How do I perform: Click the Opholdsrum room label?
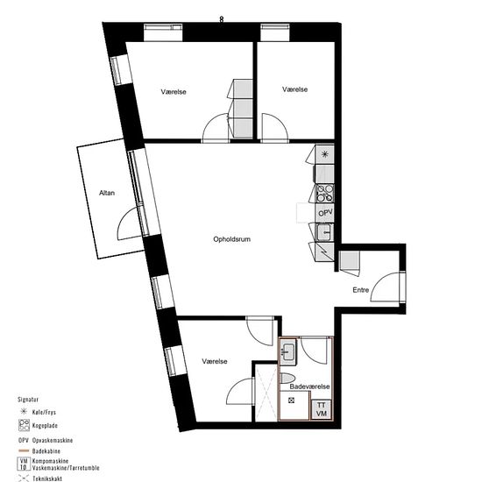(x=231, y=239)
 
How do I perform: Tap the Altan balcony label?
(x=107, y=193)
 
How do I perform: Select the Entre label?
(x=360, y=290)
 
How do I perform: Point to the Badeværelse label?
(x=309, y=386)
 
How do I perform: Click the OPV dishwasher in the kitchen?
(x=325, y=213)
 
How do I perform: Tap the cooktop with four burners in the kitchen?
(x=325, y=193)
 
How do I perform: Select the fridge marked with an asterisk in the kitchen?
(x=324, y=154)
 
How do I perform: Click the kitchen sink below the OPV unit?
(x=324, y=231)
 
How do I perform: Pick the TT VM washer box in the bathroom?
(x=322, y=409)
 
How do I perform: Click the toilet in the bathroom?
(x=287, y=378)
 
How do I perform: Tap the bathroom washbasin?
(x=287, y=351)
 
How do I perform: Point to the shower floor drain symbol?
(x=291, y=400)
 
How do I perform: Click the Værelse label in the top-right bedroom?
(x=294, y=89)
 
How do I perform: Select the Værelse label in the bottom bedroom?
(x=215, y=361)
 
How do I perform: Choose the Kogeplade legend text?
(x=45, y=426)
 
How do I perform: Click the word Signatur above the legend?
(x=28, y=400)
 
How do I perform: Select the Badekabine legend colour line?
(x=24, y=451)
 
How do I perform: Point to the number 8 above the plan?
(x=222, y=19)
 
